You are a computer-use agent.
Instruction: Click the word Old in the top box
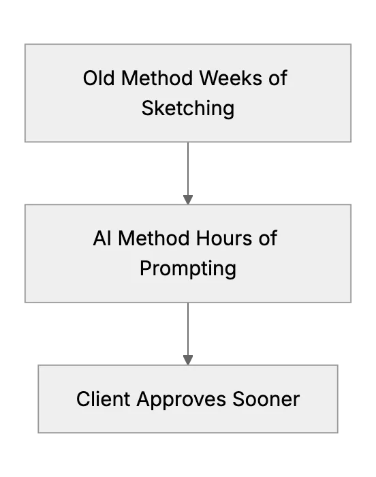[x=99, y=78]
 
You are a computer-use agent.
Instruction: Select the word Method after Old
[x=157, y=78]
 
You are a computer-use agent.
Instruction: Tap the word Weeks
[x=231, y=78]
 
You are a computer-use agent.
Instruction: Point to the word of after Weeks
[x=278, y=78]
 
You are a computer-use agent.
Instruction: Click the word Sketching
[x=188, y=108]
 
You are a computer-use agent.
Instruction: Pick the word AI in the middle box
[x=102, y=238]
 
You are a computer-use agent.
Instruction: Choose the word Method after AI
[x=154, y=238]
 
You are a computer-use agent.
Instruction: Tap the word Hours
[x=224, y=238]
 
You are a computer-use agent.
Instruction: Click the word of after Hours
[x=268, y=238]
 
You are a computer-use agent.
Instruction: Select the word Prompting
[x=188, y=268]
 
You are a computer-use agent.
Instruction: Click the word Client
[x=104, y=399]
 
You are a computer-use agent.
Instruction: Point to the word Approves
[x=181, y=401]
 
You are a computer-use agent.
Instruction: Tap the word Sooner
[x=266, y=399]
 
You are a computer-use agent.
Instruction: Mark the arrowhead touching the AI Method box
[x=188, y=200]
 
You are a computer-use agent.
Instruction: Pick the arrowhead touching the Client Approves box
[x=188, y=360]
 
